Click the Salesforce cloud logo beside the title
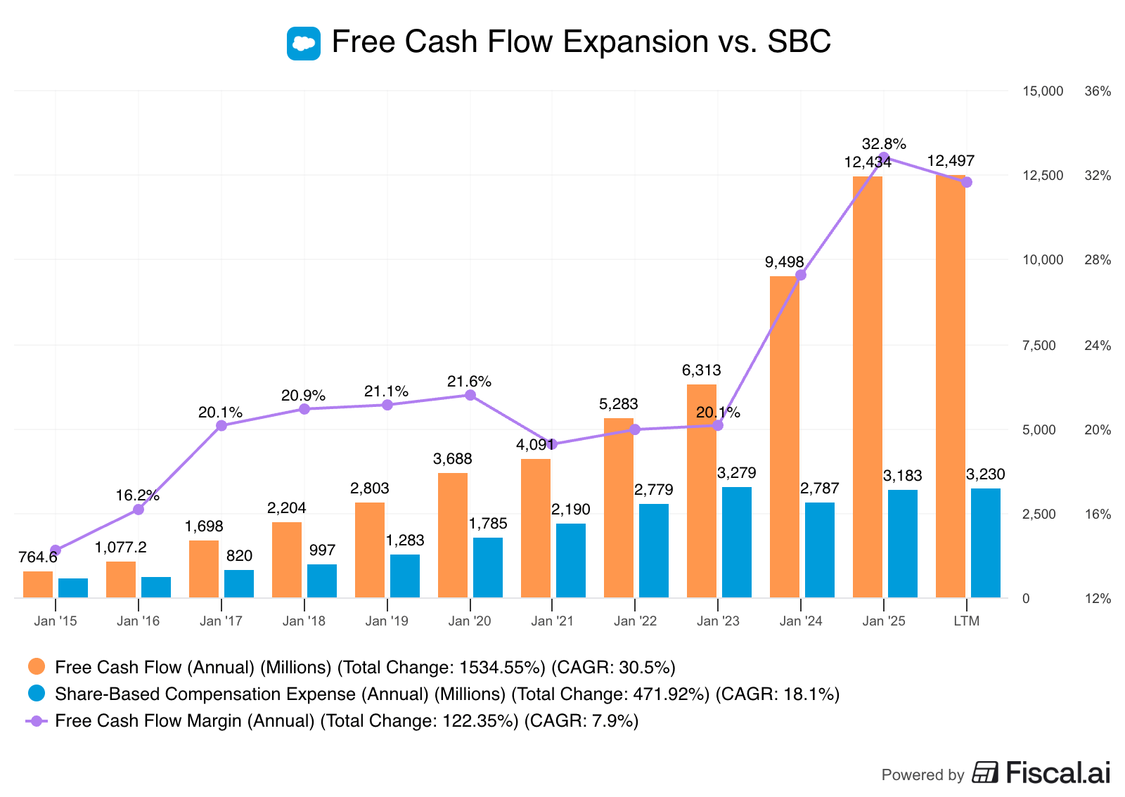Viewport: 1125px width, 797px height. [304, 44]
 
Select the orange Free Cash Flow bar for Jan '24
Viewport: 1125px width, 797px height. [784, 436]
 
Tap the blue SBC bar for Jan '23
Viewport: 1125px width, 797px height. [736, 542]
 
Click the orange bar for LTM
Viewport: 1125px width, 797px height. [950, 387]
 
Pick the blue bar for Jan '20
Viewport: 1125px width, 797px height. [487, 567]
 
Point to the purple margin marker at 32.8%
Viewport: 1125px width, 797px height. [884, 157]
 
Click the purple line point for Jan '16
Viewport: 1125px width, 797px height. [139, 509]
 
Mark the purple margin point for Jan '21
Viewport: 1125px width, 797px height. [552, 444]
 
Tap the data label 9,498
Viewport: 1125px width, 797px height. [784, 262]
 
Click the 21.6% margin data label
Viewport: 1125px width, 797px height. [469, 382]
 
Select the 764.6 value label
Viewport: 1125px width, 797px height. [38, 557]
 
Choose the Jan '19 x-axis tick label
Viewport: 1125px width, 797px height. [387, 621]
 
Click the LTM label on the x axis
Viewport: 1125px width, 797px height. [966, 621]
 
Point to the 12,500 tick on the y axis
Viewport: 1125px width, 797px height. [1043, 176]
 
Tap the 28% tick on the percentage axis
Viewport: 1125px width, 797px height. [1098, 260]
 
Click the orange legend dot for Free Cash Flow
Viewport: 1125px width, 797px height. [37, 666]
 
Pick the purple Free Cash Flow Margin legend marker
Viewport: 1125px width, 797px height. [37, 720]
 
